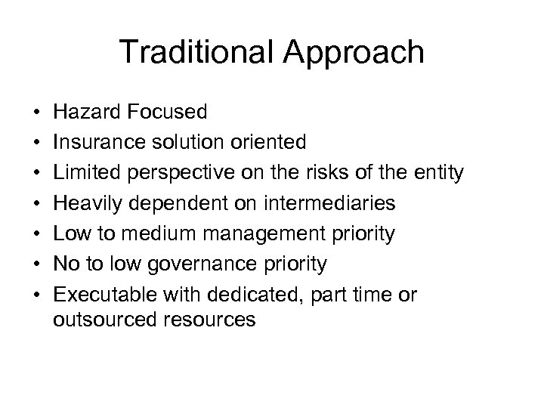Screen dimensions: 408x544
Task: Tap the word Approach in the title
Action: coord(353,52)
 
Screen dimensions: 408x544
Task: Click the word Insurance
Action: coord(96,143)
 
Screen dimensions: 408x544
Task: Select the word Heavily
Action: coord(85,204)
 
